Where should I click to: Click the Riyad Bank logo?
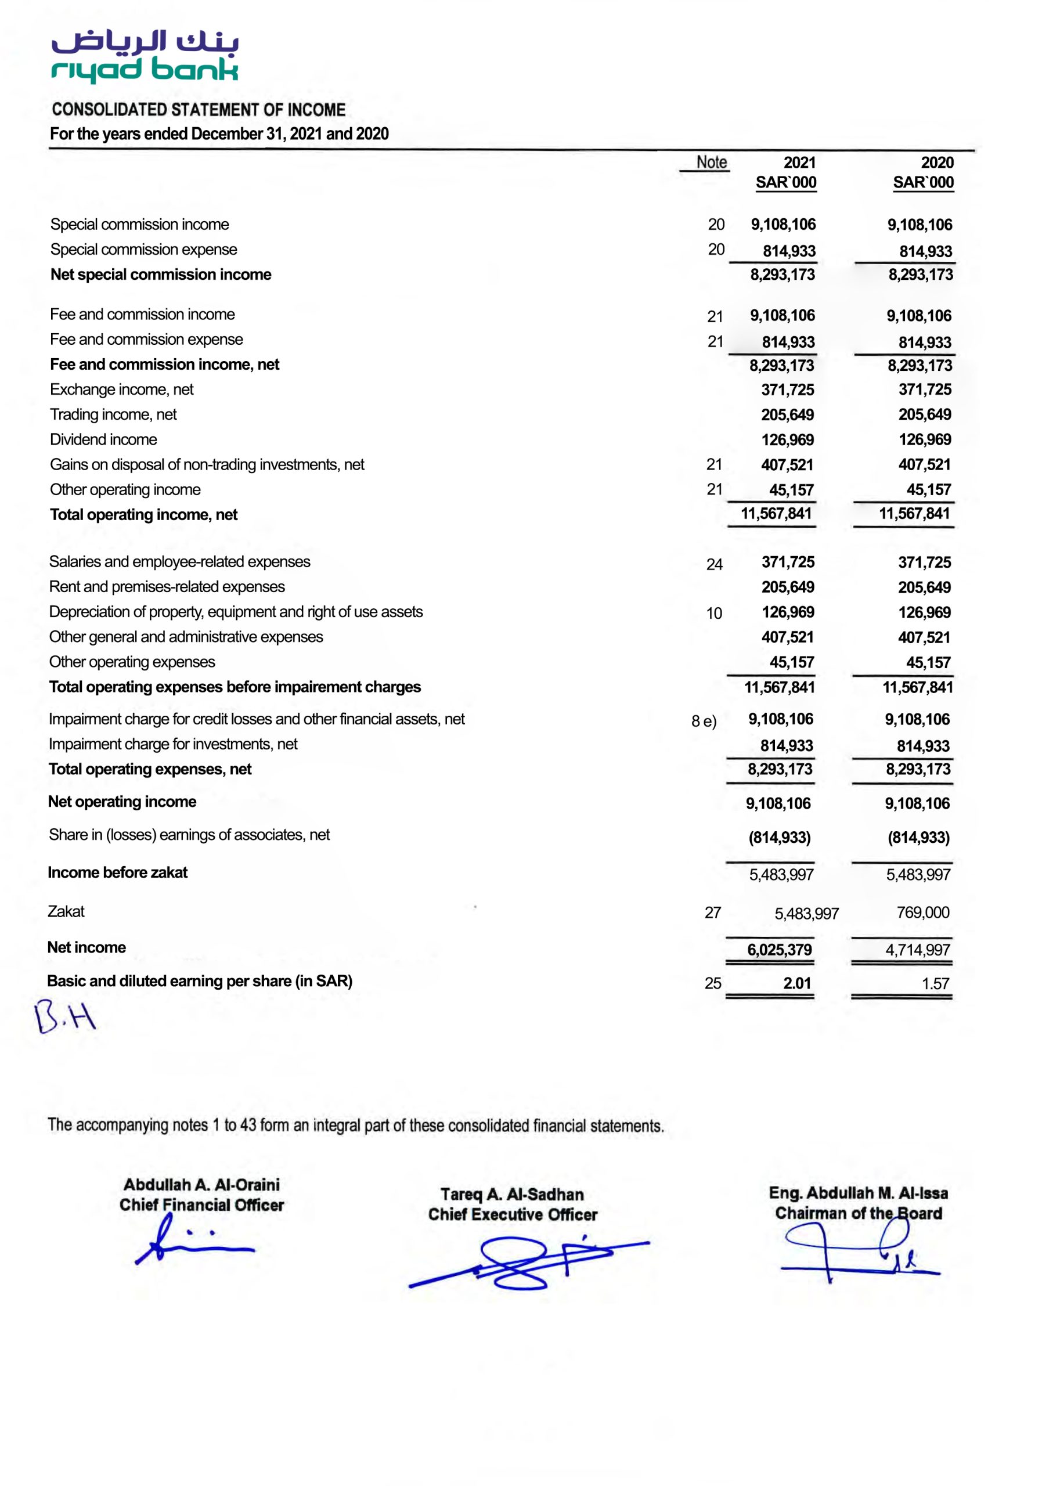145,56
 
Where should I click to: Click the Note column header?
711,163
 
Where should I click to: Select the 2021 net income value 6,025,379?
778,950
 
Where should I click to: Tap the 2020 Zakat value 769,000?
922,912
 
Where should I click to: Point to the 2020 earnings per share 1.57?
935,984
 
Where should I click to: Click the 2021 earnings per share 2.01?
796,983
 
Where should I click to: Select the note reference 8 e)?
703,721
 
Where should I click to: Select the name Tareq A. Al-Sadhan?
512,1194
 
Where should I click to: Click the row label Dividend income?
103,439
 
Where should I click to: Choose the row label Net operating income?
122,802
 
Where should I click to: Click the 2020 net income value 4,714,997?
917,950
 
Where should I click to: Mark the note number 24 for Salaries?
714,564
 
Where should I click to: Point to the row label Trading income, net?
113,414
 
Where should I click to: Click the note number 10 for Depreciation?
713,614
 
